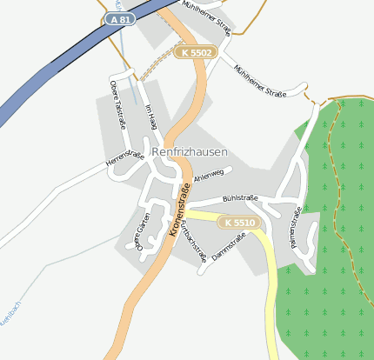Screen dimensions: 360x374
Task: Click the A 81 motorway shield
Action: point(121,18)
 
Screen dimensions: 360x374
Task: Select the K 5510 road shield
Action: point(239,223)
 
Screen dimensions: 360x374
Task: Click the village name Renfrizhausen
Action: point(190,152)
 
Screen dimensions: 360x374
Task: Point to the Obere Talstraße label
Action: point(117,104)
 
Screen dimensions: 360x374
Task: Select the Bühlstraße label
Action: point(240,199)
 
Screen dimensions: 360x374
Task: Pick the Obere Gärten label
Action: point(144,232)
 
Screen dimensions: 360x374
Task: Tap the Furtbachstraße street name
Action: point(194,243)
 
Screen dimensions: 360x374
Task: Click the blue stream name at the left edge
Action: point(7,335)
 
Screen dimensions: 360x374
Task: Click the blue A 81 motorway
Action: point(52,78)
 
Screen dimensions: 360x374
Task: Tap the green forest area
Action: point(339,261)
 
